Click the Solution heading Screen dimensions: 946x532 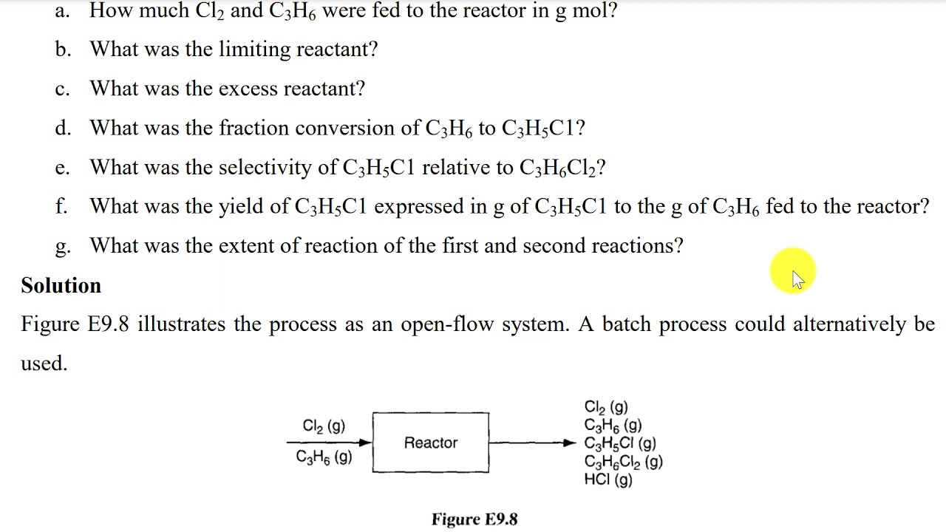tap(61, 285)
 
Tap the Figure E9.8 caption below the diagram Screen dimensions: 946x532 tap(474, 519)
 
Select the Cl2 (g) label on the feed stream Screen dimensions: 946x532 tap(324, 426)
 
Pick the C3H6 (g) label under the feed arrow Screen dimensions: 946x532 tap(324, 457)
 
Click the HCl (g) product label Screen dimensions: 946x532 tap(608, 480)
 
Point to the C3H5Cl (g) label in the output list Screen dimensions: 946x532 tap(620, 443)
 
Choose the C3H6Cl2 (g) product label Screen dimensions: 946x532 tap(623, 462)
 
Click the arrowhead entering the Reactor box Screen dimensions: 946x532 tap(366, 443)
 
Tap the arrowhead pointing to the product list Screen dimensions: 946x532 tap(570, 443)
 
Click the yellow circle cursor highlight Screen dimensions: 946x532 tap(793, 270)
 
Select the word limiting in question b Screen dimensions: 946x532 tap(254, 50)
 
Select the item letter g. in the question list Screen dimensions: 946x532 tap(63, 247)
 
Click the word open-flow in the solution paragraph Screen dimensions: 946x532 tap(447, 325)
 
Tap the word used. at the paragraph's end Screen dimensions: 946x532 tap(44, 363)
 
